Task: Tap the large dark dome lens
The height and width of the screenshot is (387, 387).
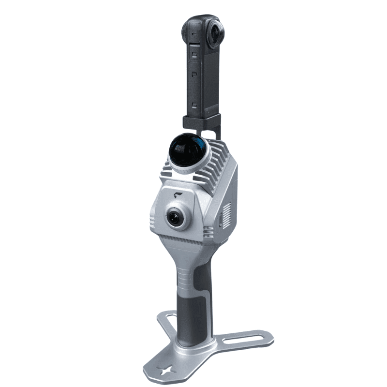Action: coord(188,148)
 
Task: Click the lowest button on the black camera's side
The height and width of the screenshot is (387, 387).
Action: coord(193,104)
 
